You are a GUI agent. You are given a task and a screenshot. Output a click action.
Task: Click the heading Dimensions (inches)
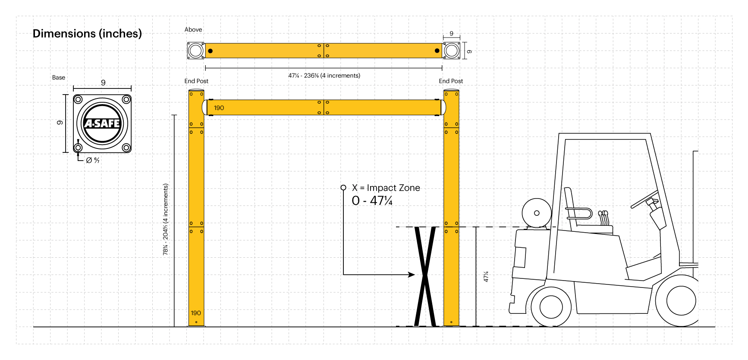click(x=87, y=34)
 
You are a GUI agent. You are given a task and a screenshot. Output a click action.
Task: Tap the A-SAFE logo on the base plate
click(x=102, y=123)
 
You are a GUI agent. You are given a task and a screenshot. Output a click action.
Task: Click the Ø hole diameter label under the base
click(x=93, y=160)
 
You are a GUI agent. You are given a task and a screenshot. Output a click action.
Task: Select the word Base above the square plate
click(x=59, y=78)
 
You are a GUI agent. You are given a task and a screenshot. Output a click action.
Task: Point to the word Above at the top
click(x=193, y=30)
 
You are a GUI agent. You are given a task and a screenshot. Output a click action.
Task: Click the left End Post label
click(x=196, y=81)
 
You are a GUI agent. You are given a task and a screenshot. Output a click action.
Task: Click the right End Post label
click(x=451, y=81)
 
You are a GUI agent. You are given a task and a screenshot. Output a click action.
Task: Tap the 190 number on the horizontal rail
click(x=219, y=108)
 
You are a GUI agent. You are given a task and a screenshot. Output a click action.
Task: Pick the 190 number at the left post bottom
click(x=196, y=313)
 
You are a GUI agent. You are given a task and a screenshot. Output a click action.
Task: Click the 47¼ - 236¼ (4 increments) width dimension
click(x=324, y=76)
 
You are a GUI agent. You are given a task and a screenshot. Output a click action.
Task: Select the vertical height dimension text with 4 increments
click(x=166, y=219)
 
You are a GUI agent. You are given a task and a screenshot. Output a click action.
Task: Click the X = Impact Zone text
click(x=386, y=188)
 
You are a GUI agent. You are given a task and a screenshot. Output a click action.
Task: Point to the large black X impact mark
click(x=425, y=276)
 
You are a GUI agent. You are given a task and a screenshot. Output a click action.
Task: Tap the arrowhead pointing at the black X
click(x=412, y=275)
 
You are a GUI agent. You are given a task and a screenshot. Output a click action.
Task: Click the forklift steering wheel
click(x=644, y=199)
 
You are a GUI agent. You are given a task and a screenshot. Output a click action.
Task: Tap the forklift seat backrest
click(x=569, y=203)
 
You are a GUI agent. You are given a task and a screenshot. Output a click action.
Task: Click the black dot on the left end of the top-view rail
click(x=211, y=51)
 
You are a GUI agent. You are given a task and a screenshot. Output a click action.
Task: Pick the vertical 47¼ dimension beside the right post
click(x=486, y=277)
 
